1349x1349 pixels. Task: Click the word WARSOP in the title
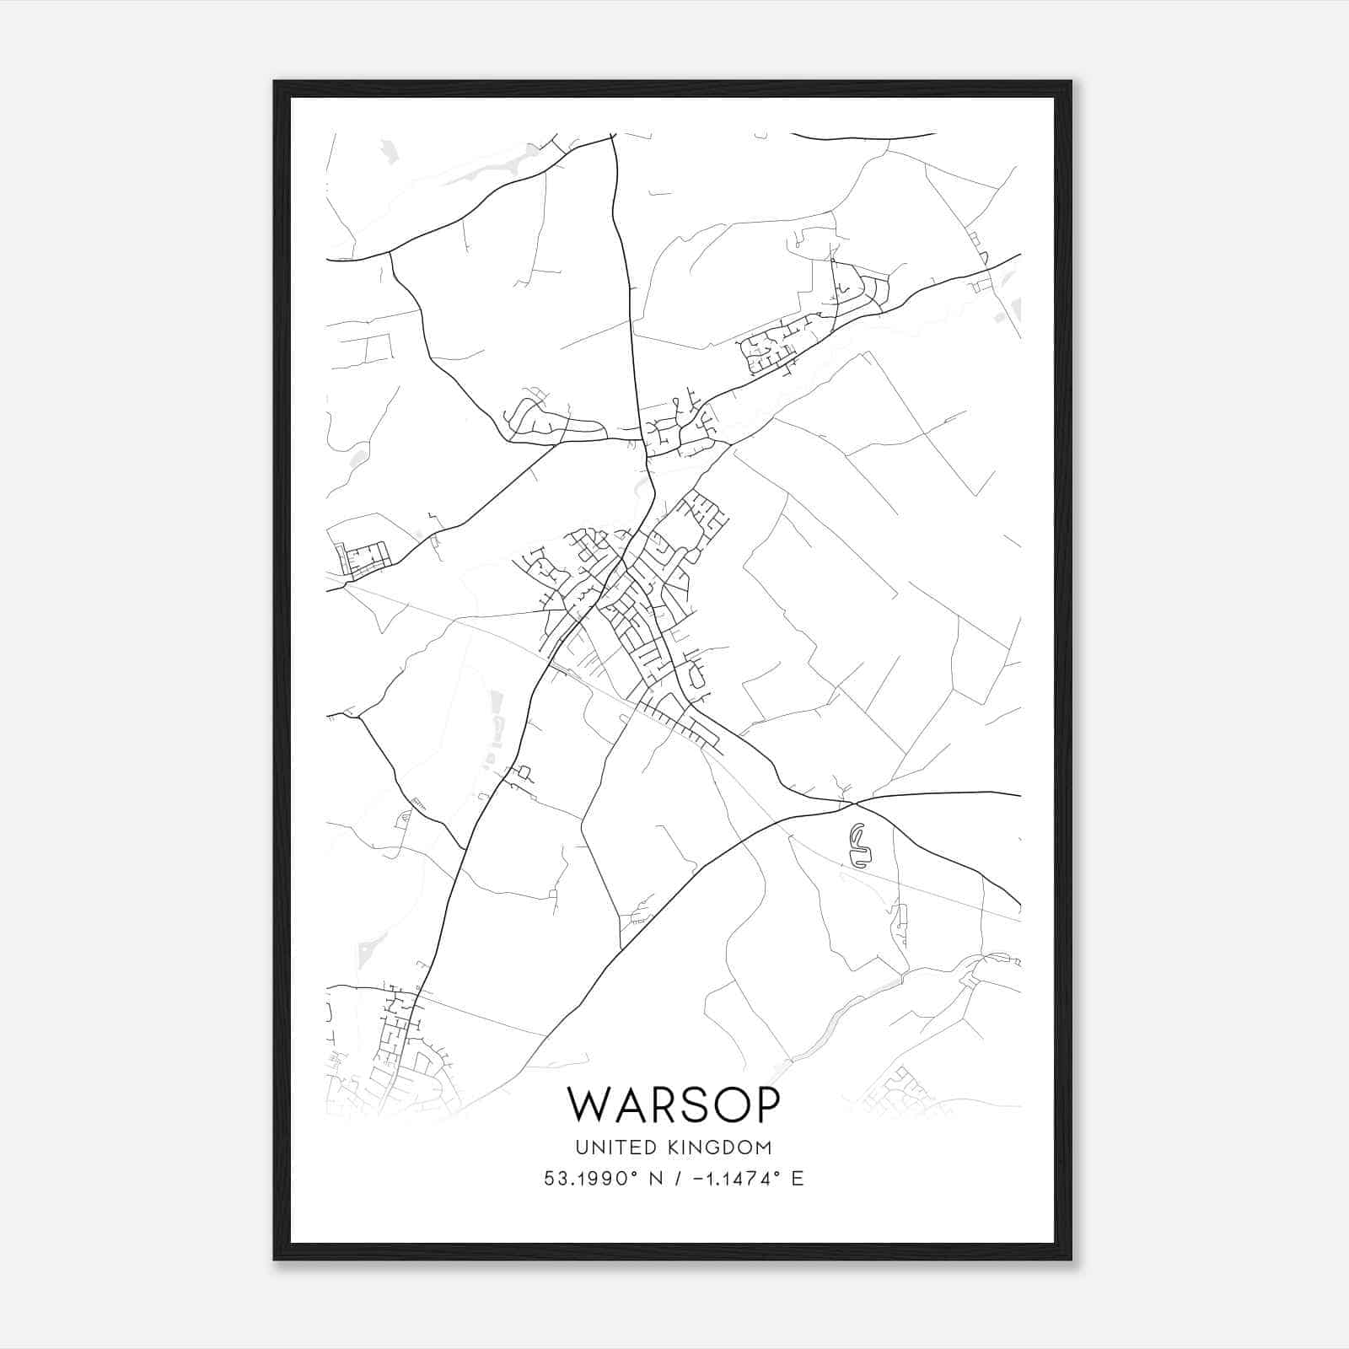[674, 1104]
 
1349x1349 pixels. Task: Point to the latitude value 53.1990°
[587, 1179]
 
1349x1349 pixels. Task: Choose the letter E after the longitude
[797, 1179]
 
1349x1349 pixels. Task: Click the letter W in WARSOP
[587, 1104]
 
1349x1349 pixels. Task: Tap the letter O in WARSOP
[725, 1104]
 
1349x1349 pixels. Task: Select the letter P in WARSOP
[766, 1104]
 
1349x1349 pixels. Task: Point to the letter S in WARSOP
[688, 1104]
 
